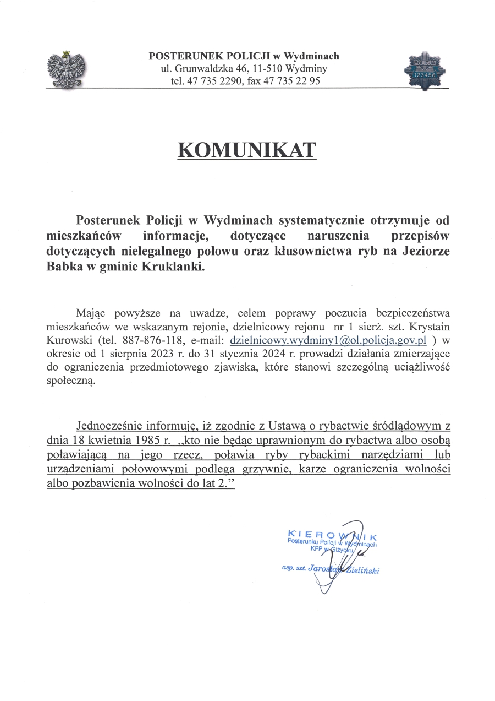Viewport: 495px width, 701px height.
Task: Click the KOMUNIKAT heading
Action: [x=247, y=150]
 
